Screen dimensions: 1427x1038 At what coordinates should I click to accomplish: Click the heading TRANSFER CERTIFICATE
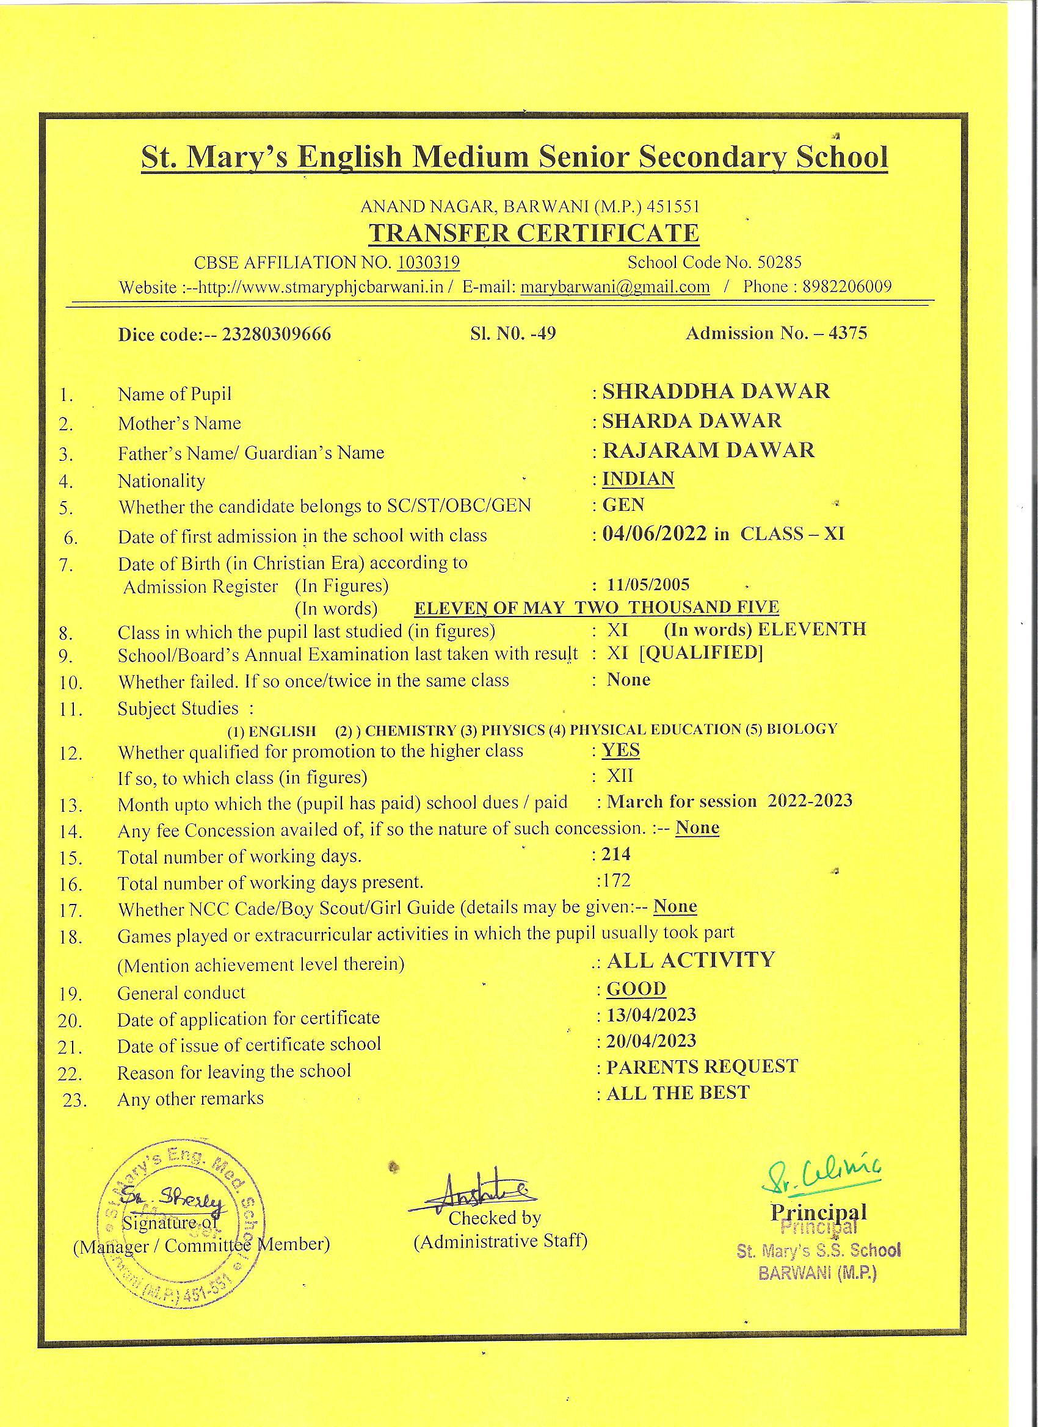pos(533,233)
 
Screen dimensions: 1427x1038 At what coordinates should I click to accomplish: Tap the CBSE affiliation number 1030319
pos(428,262)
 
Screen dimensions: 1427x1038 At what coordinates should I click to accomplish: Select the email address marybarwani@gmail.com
pos(615,287)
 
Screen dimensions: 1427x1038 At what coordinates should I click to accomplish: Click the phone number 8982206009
pos(846,287)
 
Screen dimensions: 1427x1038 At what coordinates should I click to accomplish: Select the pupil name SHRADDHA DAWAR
pos(716,391)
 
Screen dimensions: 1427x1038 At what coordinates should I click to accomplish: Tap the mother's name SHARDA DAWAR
pos(692,421)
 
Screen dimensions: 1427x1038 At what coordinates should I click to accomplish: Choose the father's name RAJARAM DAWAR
pos(708,450)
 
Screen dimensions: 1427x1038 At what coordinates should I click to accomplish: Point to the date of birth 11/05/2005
pos(648,585)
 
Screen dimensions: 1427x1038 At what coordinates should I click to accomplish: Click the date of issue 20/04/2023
pos(651,1041)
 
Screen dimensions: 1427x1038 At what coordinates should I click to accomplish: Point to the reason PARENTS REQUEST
pos(702,1066)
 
